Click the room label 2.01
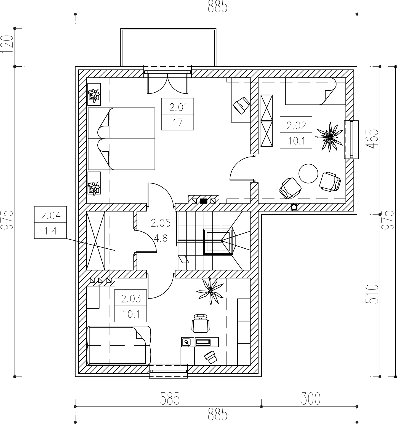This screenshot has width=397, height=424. [x=178, y=107]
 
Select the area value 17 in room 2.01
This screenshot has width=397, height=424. [x=178, y=122]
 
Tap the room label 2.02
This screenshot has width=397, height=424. [x=296, y=125]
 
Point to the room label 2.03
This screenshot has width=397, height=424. [x=130, y=299]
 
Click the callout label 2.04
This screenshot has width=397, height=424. [x=50, y=215]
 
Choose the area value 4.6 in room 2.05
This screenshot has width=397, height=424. [x=160, y=238]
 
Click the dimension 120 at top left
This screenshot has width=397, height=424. [x=7, y=45]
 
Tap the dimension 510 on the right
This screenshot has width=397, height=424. [x=371, y=294]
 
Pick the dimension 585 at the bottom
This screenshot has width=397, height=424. [x=170, y=399]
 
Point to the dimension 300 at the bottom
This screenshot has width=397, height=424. [x=310, y=399]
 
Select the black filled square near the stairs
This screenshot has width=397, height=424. [x=204, y=201]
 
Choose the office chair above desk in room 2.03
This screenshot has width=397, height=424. [x=201, y=324]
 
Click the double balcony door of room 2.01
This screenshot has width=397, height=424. [x=168, y=82]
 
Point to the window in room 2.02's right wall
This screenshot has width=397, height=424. [x=351, y=139]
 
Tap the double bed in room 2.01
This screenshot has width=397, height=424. [x=121, y=139]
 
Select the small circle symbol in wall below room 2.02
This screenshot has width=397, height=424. [x=294, y=207]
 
